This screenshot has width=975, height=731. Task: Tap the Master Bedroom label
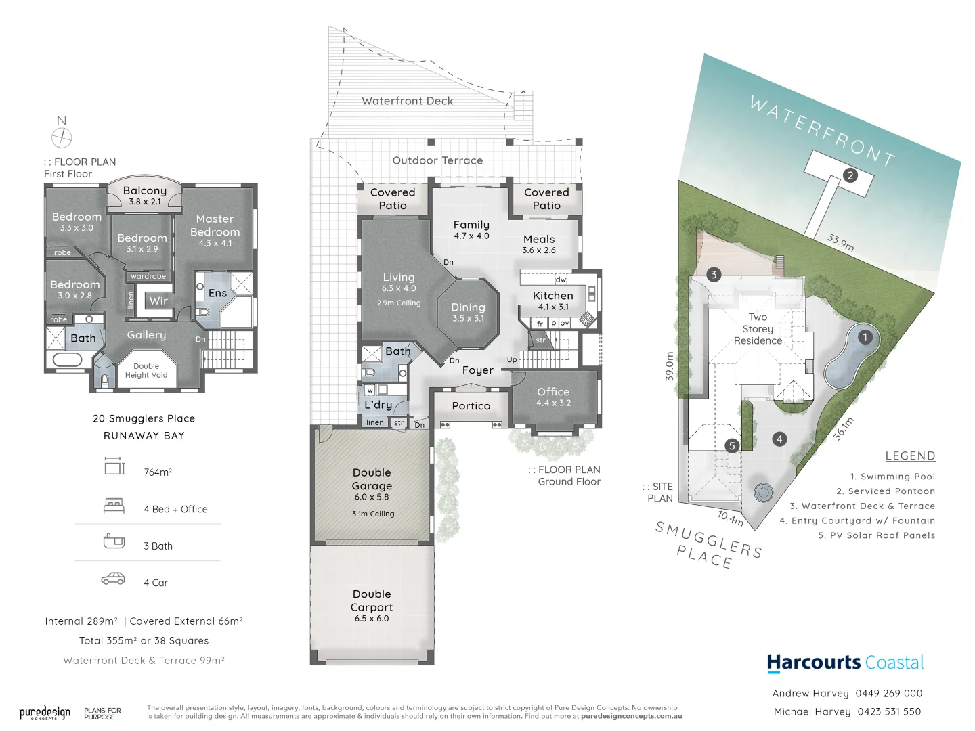(x=215, y=231)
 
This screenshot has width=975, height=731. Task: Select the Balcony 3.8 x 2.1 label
(x=144, y=196)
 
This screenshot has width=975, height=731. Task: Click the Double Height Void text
(x=146, y=371)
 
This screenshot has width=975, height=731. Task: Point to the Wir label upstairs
(x=158, y=301)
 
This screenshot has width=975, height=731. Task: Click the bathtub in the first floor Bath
(x=67, y=359)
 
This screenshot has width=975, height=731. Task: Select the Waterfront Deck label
(x=407, y=101)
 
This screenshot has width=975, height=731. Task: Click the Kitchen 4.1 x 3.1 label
(x=552, y=301)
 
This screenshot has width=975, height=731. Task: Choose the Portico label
(x=471, y=406)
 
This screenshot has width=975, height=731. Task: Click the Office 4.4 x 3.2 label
(x=553, y=397)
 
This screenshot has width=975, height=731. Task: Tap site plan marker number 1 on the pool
(x=864, y=337)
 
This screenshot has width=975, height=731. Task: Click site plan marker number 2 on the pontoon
(x=850, y=175)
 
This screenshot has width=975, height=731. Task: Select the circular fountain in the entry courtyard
(x=764, y=491)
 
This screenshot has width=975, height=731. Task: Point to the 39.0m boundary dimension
(x=670, y=366)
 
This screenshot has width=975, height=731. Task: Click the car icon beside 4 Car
(x=113, y=579)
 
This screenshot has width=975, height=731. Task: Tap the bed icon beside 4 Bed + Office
(x=114, y=506)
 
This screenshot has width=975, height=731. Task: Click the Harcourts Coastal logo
(x=845, y=663)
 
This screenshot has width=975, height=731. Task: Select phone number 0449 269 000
(x=888, y=693)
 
